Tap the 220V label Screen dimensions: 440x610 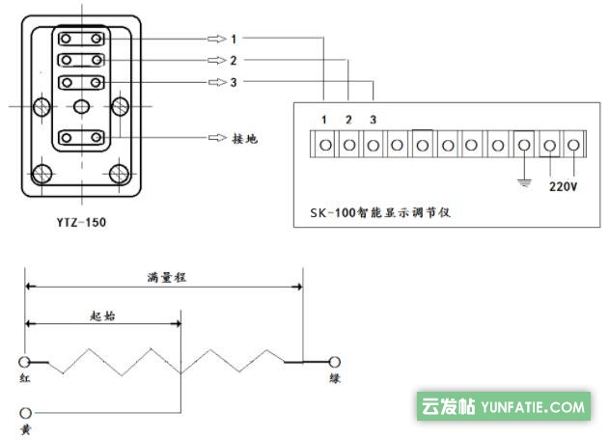(562, 186)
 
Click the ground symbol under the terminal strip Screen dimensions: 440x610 (523, 178)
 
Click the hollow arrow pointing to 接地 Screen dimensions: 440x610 (215, 138)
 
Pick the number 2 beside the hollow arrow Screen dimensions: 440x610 (234, 61)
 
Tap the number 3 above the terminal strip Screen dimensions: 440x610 (373, 119)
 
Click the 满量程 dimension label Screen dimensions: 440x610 (166, 276)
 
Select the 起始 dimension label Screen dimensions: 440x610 (102, 315)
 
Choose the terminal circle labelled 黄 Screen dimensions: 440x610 (26, 409)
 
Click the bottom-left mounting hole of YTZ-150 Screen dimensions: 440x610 (42, 175)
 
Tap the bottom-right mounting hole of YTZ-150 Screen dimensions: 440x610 (120, 175)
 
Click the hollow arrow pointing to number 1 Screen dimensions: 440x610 (215, 40)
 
